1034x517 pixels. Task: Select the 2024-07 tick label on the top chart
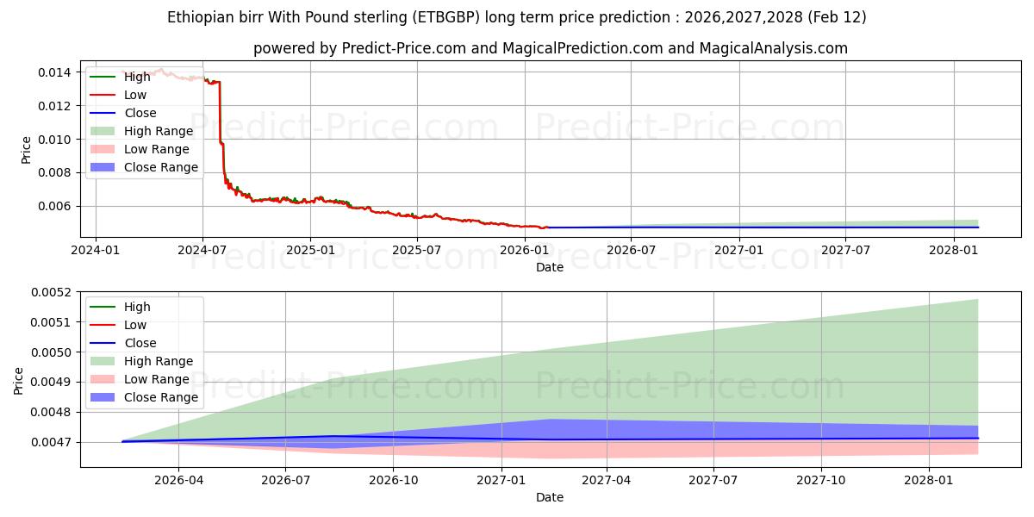202,250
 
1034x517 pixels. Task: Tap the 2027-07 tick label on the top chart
845,250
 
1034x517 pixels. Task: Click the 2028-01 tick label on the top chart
953,250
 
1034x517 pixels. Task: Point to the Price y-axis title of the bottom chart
19,380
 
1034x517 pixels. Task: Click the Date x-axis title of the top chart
550,267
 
